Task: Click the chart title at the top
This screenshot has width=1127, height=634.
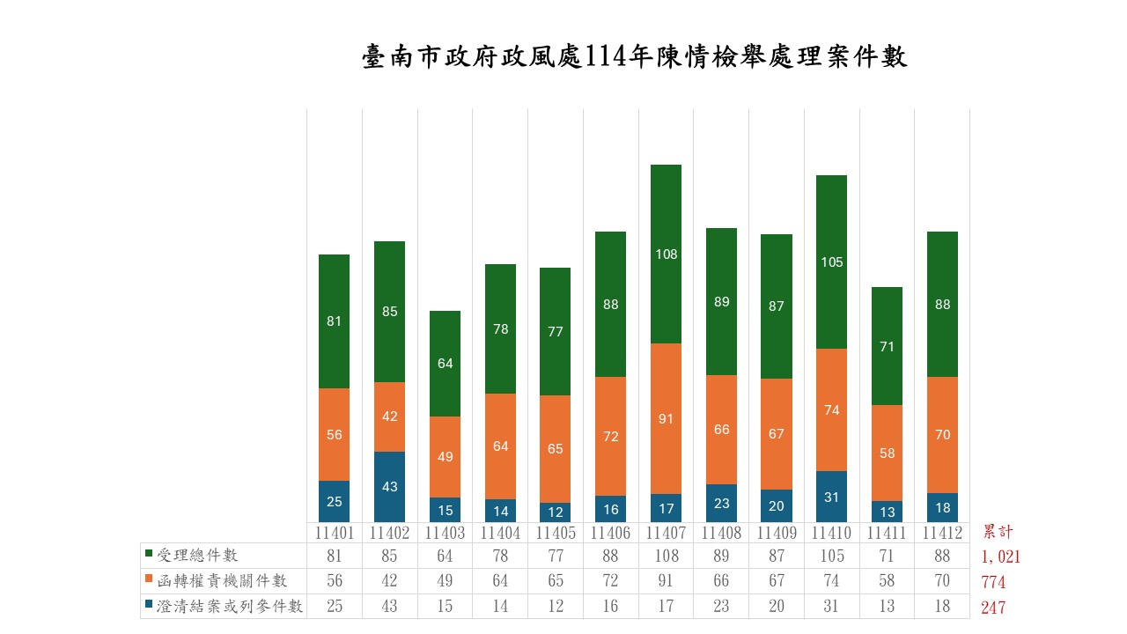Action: pos(634,57)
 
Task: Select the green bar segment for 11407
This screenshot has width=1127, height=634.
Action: pos(667,254)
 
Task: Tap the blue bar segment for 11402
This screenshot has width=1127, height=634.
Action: pos(389,486)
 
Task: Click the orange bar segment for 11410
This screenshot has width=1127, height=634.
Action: pos(832,409)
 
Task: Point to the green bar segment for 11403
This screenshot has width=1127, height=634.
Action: pos(445,363)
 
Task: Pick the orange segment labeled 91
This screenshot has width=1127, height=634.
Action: pos(667,418)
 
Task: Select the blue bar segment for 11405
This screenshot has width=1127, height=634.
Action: pos(556,512)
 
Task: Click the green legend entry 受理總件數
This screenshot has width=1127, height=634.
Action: pos(196,556)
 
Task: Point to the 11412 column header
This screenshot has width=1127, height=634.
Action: pos(942,533)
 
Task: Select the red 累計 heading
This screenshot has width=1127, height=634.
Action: pos(998,532)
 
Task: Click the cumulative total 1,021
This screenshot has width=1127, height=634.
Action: pos(1000,557)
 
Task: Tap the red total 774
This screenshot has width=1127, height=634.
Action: pos(993,582)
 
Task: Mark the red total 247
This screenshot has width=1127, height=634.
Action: pos(993,608)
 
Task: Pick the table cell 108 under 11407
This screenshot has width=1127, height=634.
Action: pos(667,556)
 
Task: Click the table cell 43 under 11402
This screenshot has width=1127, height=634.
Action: pos(389,607)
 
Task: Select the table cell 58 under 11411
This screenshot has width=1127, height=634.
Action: pos(887,581)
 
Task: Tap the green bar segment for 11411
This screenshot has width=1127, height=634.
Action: pos(887,346)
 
